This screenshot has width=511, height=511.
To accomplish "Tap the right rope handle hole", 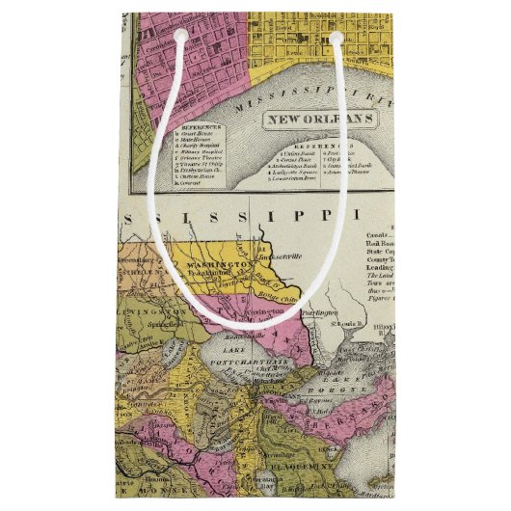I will coord(336,37).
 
